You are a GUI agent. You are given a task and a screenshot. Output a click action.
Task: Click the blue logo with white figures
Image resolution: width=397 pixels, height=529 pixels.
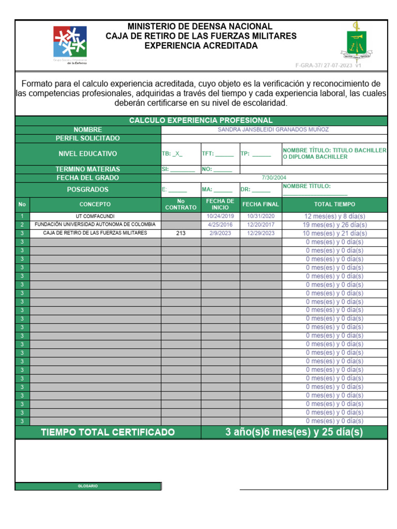coord(70,42)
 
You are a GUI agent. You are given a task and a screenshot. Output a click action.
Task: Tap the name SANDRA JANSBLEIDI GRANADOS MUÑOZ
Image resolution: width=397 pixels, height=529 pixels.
coord(273,130)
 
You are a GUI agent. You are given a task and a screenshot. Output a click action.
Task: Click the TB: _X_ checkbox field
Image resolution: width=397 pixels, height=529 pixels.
coord(172,154)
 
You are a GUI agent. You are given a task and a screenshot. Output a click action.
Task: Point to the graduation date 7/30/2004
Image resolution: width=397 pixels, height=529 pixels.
coord(273,178)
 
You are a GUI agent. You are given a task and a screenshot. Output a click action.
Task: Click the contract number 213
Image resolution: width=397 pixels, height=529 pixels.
coord(180,233)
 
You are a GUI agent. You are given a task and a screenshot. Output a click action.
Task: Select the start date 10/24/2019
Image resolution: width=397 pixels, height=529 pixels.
coord(220,216)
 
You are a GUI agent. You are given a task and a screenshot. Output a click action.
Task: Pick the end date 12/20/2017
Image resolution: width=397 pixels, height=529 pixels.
coord(261,225)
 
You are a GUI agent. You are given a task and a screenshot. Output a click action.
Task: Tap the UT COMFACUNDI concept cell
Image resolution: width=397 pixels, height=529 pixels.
coord(96,216)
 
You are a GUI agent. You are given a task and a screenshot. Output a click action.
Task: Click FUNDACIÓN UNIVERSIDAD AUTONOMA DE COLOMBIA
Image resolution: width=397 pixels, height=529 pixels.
coord(95,225)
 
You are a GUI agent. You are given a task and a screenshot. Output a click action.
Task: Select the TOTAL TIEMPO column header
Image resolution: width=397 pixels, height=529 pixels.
coord(334,204)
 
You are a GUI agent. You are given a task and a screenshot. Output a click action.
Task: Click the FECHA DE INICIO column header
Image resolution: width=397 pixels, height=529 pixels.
coord(220,204)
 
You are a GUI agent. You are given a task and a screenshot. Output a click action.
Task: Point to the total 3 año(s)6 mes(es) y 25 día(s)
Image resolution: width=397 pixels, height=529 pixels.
coord(294,432)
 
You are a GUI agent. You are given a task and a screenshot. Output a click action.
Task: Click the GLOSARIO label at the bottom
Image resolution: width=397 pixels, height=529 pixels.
coord(88,486)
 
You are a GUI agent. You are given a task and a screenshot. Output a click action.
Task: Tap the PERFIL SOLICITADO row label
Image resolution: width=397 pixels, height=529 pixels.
coord(88,138)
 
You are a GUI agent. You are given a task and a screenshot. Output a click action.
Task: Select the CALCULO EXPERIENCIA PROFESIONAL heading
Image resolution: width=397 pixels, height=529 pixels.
coord(201,120)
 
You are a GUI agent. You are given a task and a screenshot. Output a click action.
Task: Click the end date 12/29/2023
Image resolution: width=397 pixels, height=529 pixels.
coord(261,233)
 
